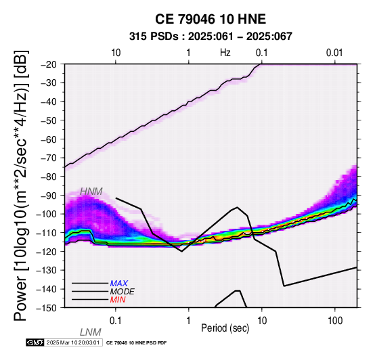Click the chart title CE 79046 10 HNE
[x=211, y=19]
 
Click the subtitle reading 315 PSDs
[x=154, y=37]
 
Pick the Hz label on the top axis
[x=225, y=53]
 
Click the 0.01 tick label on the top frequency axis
[x=334, y=53]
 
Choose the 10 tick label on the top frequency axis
[x=116, y=53]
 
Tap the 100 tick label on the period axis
[x=335, y=321]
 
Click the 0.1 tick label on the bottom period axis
[x=116, y=321]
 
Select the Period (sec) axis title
[x=225, y=328]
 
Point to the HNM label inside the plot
[x=91, y=192]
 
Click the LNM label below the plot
[x=91, y=332]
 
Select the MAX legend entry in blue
[x=119, y=284]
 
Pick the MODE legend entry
[x=123, y=292]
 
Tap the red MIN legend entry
[x=118, y=300]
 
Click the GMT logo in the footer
[x=35, y=342]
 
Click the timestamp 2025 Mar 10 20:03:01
[x=73, y=342]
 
